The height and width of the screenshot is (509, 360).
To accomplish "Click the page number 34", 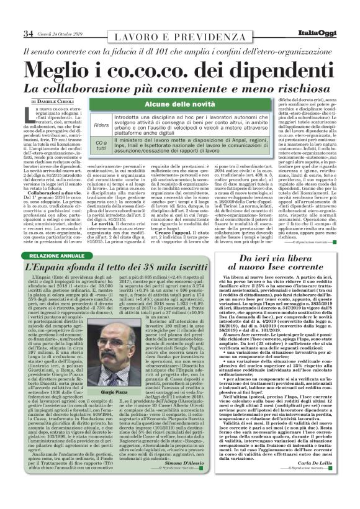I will pos(28,33).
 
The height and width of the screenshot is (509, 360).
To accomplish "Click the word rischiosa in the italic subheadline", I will pos(296,89).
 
